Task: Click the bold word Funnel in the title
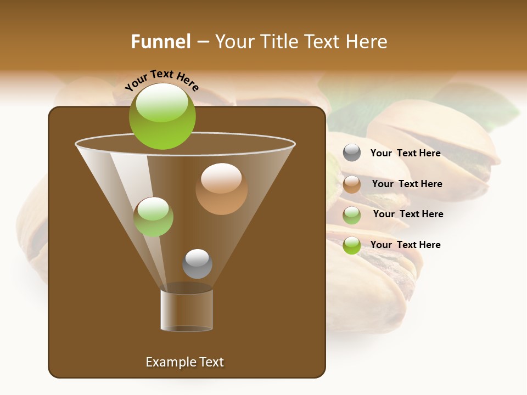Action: click(161, 42)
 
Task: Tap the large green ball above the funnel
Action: click(162, 116)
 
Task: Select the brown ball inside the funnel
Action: click(221, 189)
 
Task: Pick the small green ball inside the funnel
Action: click(154, 217)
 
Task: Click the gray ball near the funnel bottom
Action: click(197, 264)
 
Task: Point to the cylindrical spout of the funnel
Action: click(187, 309)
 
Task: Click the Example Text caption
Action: click(184, 362)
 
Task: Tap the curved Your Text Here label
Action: click(162, 80)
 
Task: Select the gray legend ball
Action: click(352, 153)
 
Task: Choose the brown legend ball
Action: click(352, 184)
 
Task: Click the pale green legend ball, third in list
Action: click(352, 215)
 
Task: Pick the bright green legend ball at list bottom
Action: click(352, 245)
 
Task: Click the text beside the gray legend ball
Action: click(405, 153)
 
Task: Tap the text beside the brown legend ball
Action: click(407, 184)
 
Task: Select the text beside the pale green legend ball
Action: click(408, 214)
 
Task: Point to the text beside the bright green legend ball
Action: click(405, 245)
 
